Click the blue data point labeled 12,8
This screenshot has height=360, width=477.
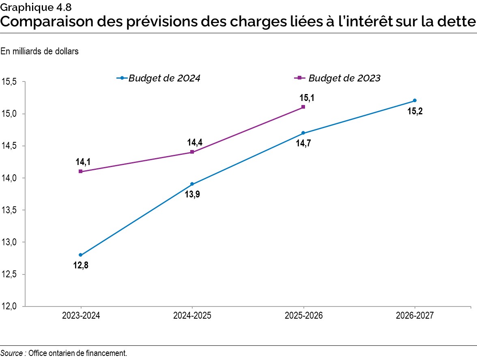81,255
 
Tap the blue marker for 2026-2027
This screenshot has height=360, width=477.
415,101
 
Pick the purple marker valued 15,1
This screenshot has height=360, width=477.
303,107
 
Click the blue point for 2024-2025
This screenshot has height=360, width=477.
192,184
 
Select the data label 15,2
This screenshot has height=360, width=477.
415,111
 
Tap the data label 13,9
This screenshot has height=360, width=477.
192,194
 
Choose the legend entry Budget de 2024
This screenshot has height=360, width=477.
164,78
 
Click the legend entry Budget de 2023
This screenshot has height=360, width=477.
344,78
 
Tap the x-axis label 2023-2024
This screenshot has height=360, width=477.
81,316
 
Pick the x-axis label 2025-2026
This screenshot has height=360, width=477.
303,316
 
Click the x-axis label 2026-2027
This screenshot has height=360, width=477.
415,316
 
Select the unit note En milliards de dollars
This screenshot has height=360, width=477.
39,51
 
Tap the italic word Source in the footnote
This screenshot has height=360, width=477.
11,353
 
